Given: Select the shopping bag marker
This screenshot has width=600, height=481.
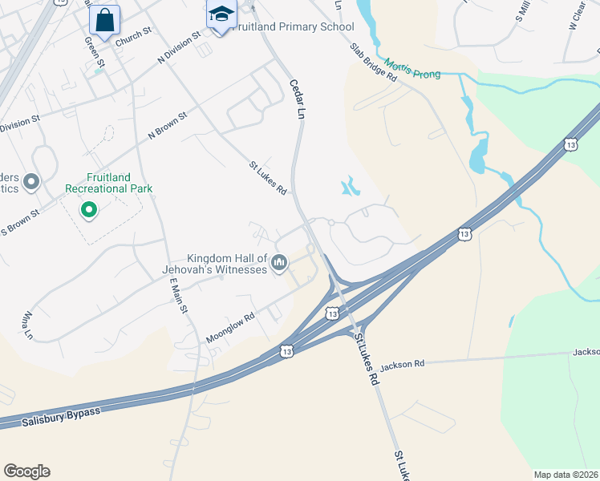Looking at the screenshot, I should (x=104, y=20).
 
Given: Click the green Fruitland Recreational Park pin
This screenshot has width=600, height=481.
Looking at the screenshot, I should (x=88, y=211).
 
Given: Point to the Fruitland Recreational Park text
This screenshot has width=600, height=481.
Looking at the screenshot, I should (x=108, y=183).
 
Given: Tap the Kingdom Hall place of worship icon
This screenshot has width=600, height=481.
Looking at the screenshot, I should (x=279, y=262).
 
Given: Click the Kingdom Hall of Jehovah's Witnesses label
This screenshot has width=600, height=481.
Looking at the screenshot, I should (x=227, y=264).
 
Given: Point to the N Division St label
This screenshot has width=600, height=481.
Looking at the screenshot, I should (x=179, y=48).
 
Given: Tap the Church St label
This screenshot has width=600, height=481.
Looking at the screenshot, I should (x=133, y=37).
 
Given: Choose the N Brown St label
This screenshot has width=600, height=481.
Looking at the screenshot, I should (x=167, y=127).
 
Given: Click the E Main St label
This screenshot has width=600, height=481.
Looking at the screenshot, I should (x=178, y=297).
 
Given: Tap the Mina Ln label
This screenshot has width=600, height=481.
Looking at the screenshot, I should (x=30, y=324).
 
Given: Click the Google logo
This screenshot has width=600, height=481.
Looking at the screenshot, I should (x=26, y=471).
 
